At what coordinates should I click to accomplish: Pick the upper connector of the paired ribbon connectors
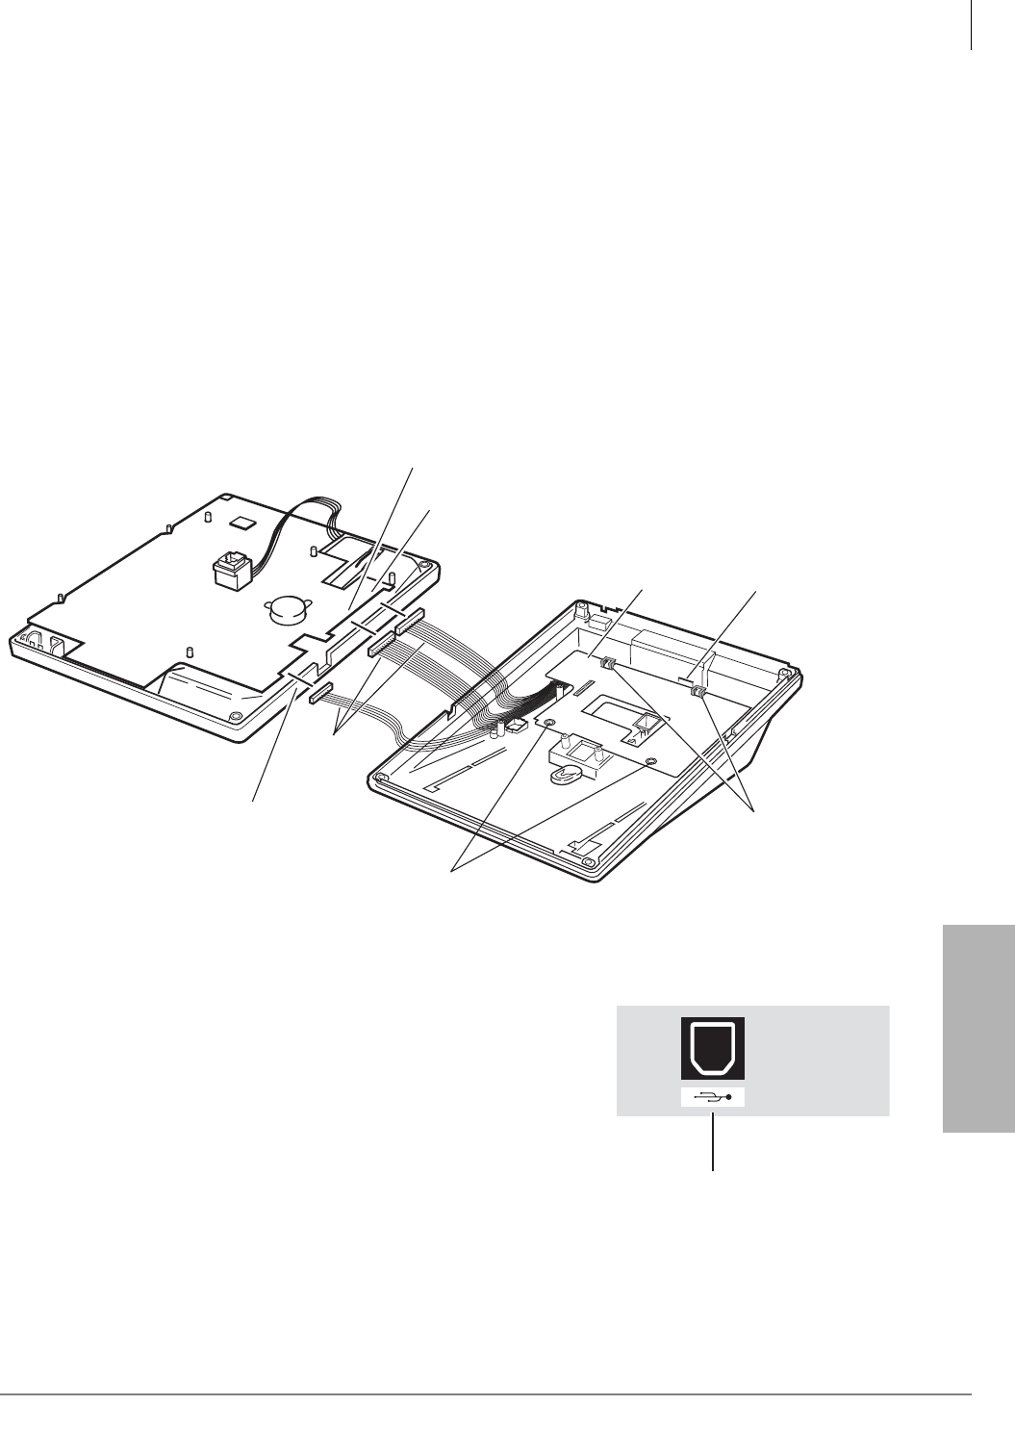pos(409,620)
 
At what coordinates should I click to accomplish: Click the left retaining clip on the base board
pos(608,665)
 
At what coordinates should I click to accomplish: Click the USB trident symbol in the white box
pos(714,1097)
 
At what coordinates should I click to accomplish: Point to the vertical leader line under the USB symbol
pos(713,1141)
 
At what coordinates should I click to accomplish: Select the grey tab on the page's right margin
pos(977,1031)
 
